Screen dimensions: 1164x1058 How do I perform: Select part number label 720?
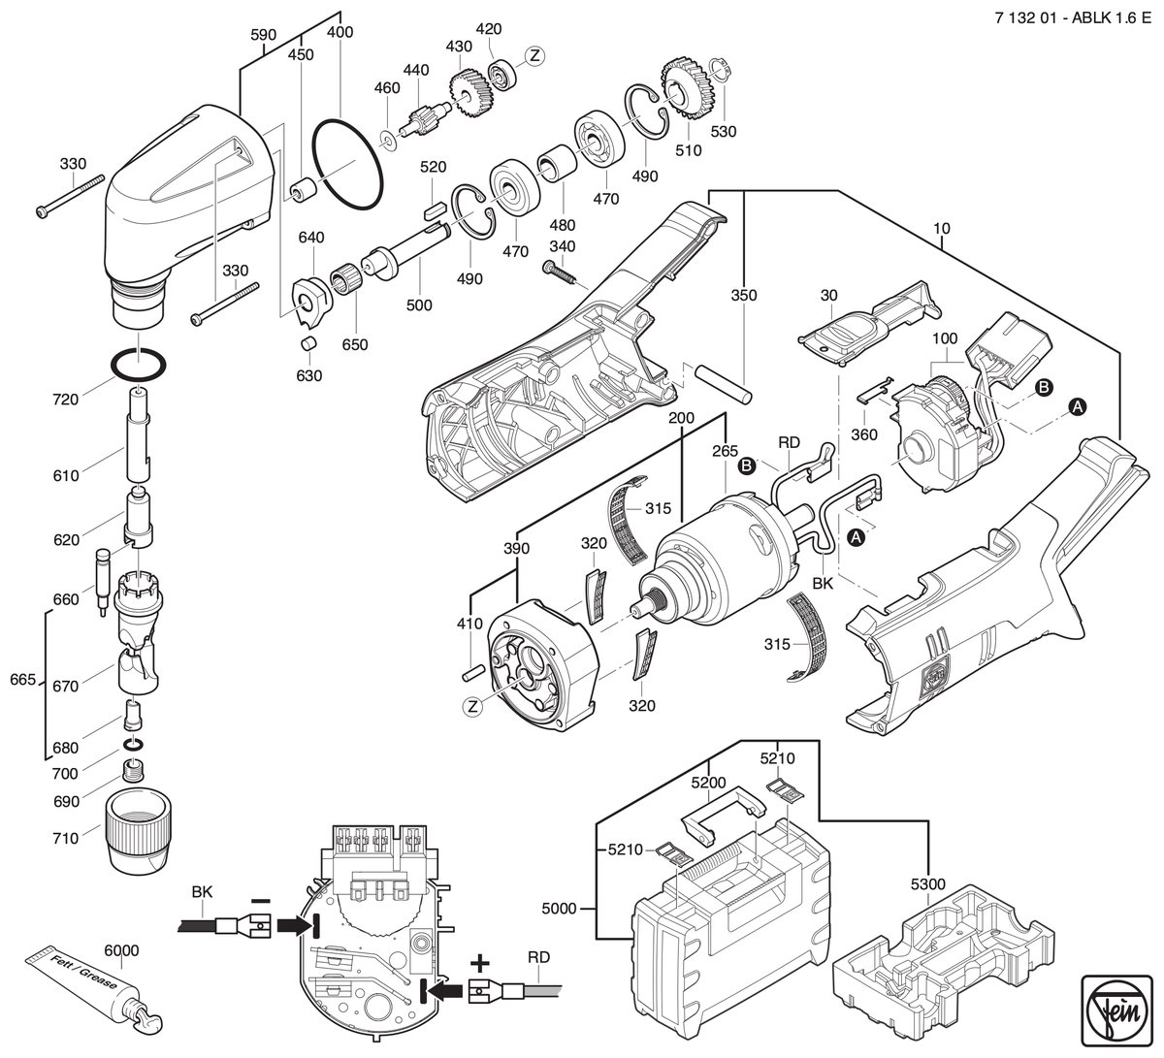pyautogui.click(x=65, y=400)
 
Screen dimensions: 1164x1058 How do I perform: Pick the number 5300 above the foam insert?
pyautogui.click(x=928, y=884)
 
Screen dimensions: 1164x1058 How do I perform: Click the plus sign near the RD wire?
pyautogui.click(x=479, y=965)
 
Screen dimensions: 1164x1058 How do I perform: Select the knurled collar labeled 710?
pyautogui.click(x=139, y=829)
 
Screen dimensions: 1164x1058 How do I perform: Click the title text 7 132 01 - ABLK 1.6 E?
pyautogui.click(x=1073, y=17)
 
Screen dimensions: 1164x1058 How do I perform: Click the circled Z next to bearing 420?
pyautogui.click(x=534, y=55)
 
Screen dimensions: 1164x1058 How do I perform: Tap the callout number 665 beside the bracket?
pyautogui.click(x=22, y=679)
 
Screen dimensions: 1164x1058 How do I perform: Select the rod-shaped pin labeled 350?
pyautogui.click(x=725, y=382)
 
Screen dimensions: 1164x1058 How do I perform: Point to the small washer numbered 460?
pyautogui.click(x=388, y=140)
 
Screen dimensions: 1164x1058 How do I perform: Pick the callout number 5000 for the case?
pyautogui.click(x=559, y=909)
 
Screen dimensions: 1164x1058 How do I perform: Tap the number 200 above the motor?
pyautogui.click(x=681, y=418)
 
